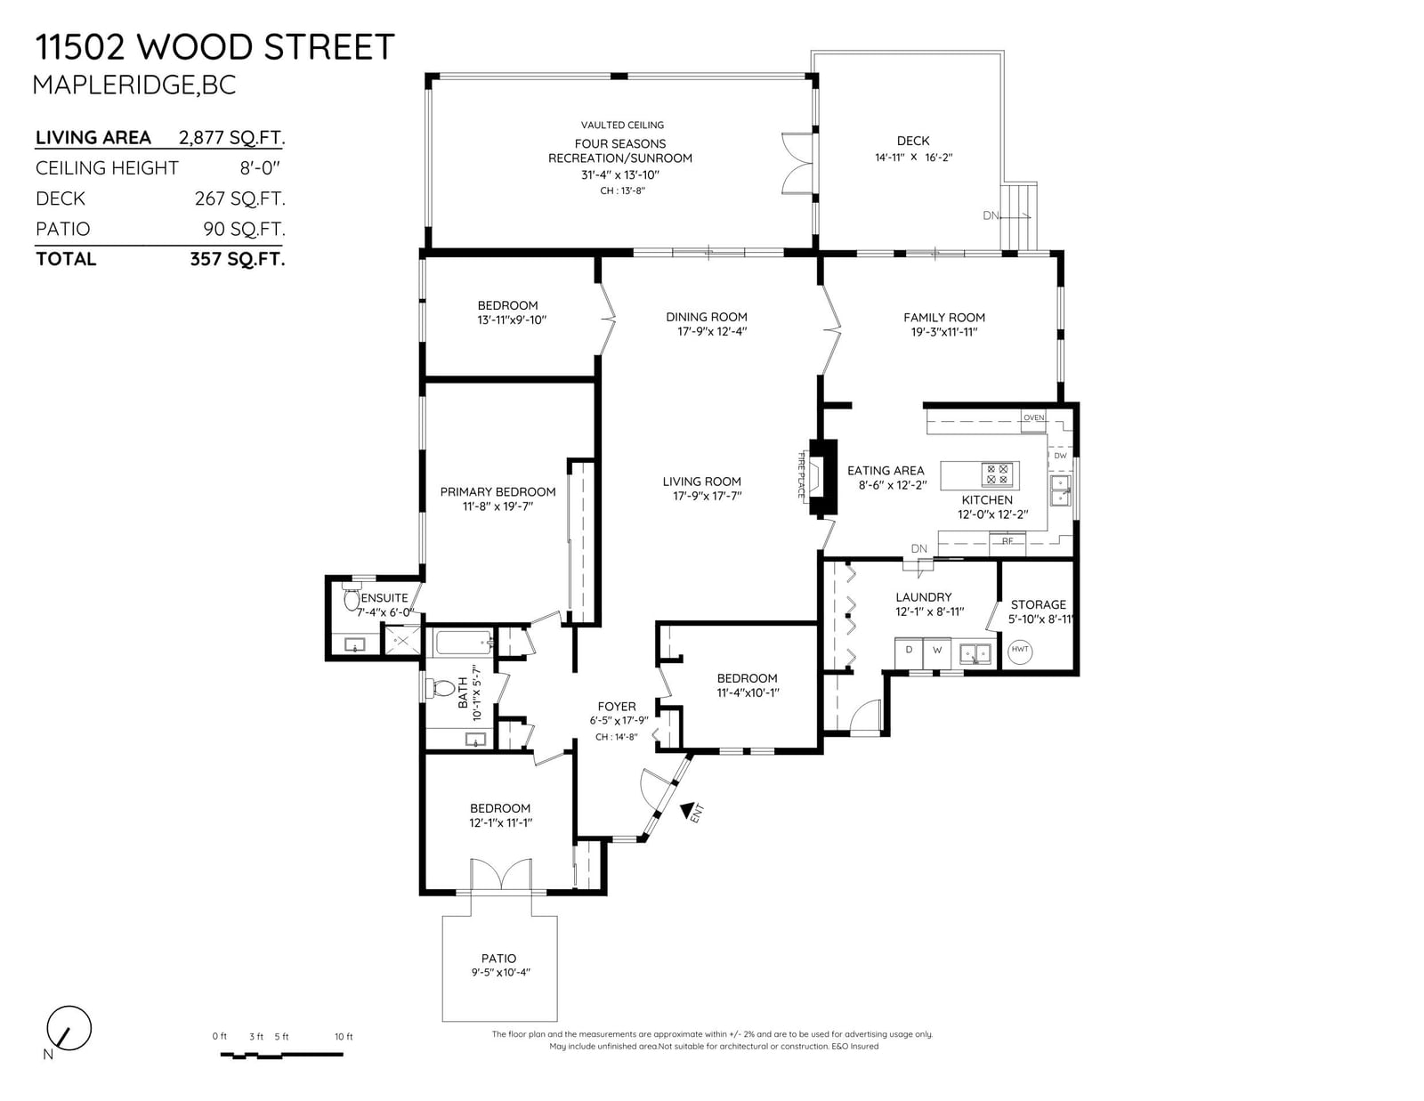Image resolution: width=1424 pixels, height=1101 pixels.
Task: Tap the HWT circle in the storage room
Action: click(1020, 652)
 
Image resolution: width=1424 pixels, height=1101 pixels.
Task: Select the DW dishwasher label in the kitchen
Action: click(1060, 456)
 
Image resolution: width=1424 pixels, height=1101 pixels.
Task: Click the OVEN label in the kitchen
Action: click(1033, 417)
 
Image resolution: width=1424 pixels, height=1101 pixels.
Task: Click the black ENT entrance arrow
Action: click(687, 812)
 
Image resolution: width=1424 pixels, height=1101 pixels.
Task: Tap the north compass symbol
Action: click(69, 1028)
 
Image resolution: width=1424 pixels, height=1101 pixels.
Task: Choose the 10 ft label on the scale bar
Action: click(344, 1036)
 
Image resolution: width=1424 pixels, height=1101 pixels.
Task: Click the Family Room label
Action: click(943, 317)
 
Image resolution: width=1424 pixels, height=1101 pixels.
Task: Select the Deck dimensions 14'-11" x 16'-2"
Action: click(913, 158)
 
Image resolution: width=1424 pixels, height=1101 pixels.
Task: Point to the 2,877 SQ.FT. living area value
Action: click(232, 138)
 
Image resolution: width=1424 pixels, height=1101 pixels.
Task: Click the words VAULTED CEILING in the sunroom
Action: click(622, 125)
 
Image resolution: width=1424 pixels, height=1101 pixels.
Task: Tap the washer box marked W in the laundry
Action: click(937, 652)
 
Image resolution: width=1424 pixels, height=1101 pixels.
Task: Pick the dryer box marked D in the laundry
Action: click(909, 652)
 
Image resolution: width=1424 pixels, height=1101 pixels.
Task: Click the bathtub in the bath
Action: click(464, 643)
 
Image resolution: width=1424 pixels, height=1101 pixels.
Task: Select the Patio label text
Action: click(498, 958)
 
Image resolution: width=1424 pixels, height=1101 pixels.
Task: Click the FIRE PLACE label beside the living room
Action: click(801, 475)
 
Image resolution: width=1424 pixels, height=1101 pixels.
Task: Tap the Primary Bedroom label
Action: click(498, 491)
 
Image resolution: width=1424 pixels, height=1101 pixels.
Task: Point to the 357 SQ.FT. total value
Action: click(238, 259)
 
